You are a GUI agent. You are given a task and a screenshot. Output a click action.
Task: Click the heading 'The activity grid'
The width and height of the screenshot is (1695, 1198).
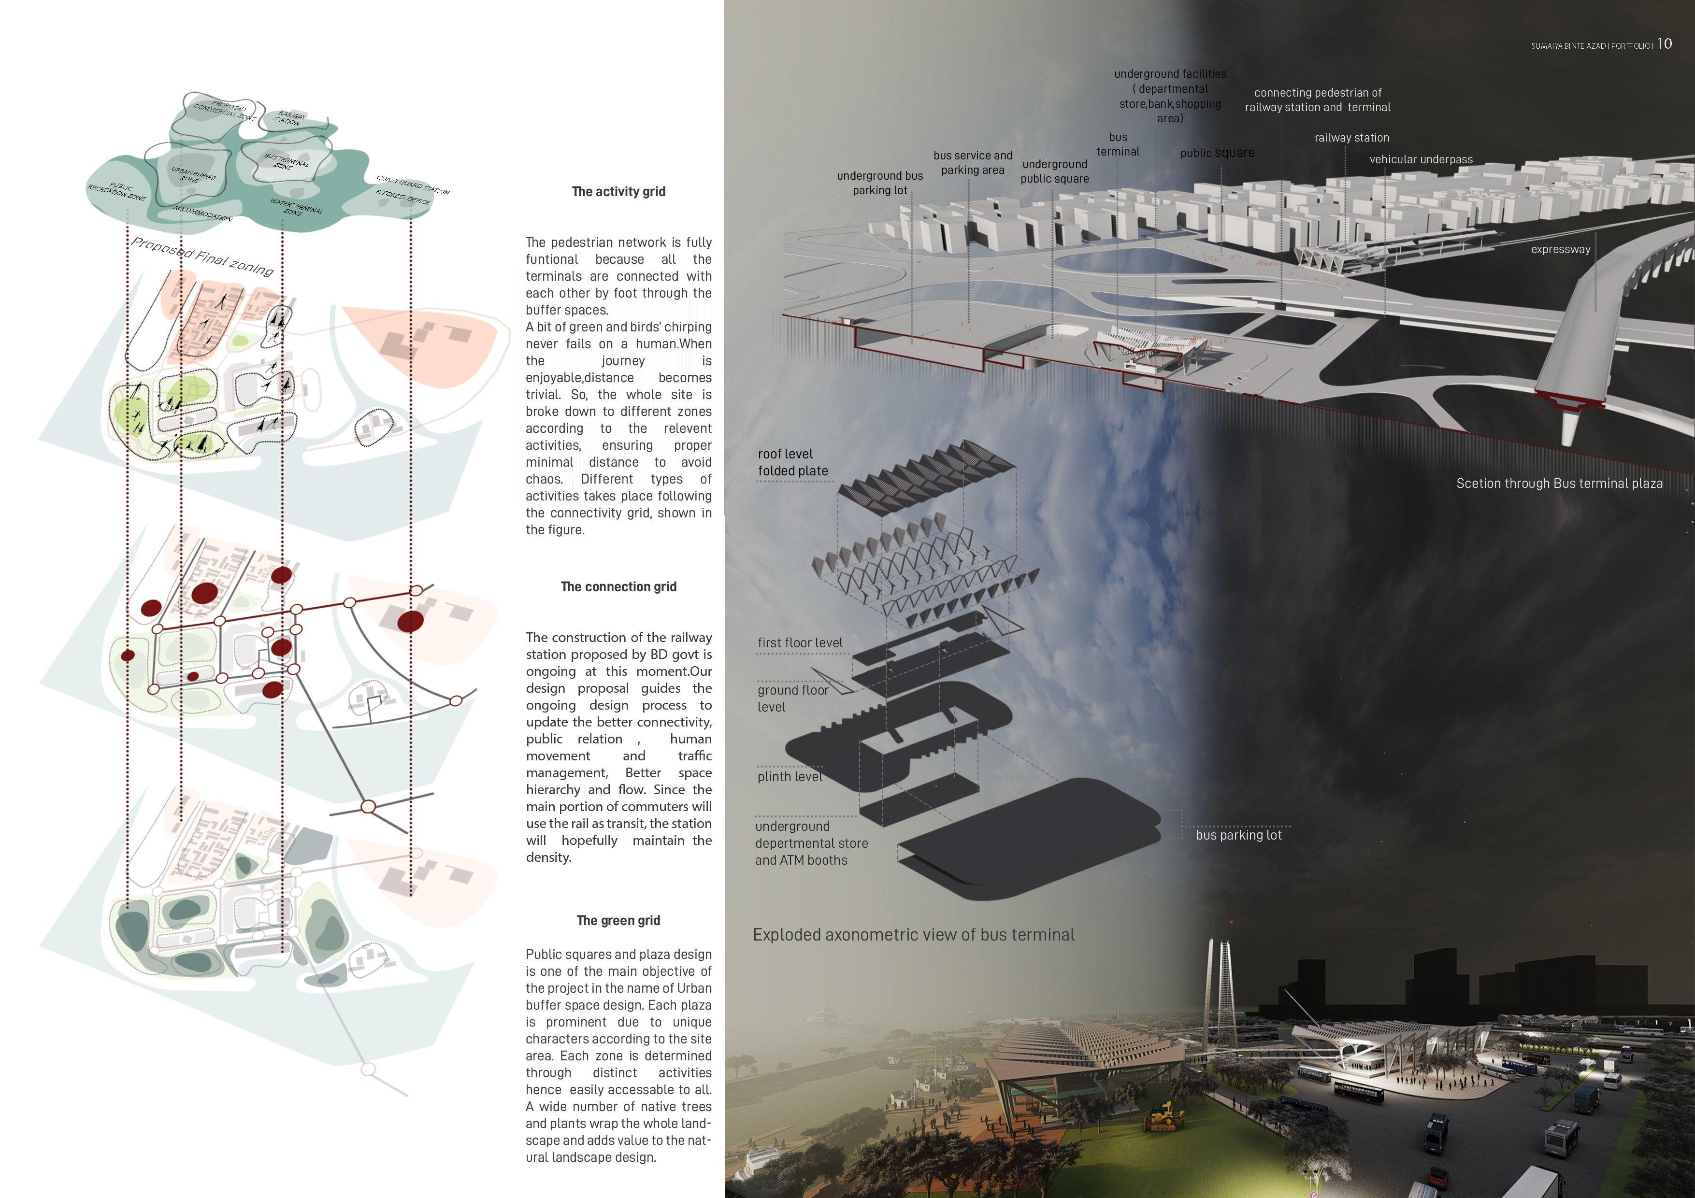pos(618,192)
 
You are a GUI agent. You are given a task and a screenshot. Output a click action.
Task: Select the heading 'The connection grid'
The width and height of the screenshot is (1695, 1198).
pos(618,587)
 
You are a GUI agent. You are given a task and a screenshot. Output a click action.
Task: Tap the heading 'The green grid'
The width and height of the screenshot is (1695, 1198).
pos(618,920)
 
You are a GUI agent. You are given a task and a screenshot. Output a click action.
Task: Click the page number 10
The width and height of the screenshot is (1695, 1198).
pos(1664,44)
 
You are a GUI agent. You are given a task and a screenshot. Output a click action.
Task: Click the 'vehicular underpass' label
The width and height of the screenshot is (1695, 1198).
pos(1421,159)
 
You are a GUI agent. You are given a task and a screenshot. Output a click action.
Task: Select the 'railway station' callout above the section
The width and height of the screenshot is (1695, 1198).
pos(1352,138)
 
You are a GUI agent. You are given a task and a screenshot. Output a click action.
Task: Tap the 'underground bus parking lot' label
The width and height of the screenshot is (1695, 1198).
pos(879,183)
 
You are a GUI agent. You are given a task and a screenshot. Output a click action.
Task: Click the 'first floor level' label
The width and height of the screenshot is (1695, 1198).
pos(800,643)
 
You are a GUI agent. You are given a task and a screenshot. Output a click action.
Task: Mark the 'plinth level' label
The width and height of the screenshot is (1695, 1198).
pos(789,776)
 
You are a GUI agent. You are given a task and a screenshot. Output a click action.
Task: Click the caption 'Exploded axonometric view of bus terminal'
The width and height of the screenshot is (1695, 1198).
pos(913,935)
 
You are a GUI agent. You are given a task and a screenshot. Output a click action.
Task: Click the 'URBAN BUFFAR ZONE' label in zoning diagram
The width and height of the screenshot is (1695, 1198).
pos(193,175)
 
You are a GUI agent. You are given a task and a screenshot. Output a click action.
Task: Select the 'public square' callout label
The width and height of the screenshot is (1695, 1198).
pos(1217,153)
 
